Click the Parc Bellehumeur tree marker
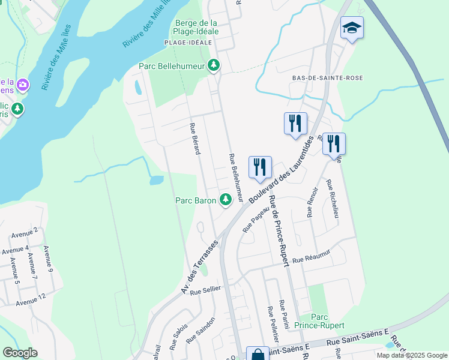[214, 66]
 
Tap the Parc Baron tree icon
[226, 199]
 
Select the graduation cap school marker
[352, 28]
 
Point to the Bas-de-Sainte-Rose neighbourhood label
[320, 78]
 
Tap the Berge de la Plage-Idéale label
[196, 26]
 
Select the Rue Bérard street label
[194, 139]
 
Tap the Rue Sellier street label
[206, 290]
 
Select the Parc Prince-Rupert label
[328, 321]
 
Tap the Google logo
[20, 353]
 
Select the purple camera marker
[23, 85]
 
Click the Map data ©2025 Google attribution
[412, 355]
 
